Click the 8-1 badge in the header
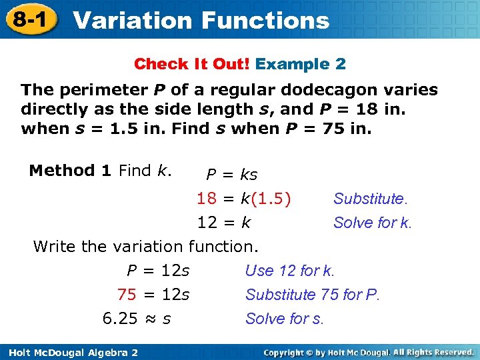click(x=29, y=19)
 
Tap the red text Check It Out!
click(x=192, y=64)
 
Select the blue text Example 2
click(x=301, y=64)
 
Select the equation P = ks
click(x=231, y=175)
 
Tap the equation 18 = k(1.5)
click(x=243, y=198)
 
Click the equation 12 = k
click(x=224, y=222)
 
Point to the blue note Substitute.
click(x=370, y=199)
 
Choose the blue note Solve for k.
click(x=373, y=223)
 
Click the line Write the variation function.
click(x=145, y=246)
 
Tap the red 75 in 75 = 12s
click(x=127, y=294)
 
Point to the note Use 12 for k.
click(x=290, y=271)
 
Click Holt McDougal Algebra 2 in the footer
click(x=69, y=351)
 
